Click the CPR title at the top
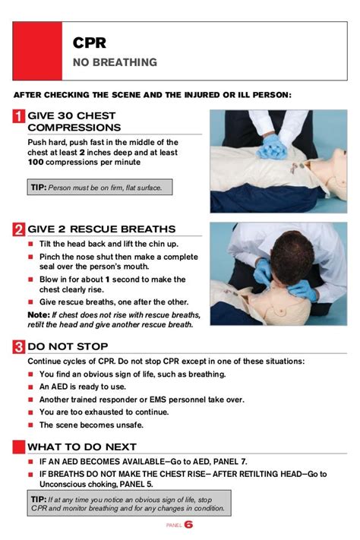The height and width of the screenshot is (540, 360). [x=89, y=43]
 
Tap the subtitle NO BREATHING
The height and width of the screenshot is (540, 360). [x=115, y=62]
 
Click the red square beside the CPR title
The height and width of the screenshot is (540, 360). [x=37, y=51]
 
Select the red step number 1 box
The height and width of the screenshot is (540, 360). [x=19, y=116]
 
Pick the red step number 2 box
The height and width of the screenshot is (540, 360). [x=19, y=229]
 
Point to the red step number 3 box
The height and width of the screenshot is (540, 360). [x=19, y=346]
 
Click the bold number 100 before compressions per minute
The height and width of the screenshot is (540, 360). [x=36, y=163]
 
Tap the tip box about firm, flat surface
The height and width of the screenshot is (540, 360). [x=100, y=187]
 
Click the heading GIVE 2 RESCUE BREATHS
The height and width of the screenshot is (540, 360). [x=102, y=229]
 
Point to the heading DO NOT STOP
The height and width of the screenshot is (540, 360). [x=68, y=346]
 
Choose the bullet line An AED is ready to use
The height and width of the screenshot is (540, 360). [x=83, y=387]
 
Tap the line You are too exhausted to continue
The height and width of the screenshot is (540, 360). [x=104, y=412]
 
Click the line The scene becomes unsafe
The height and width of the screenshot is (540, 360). [x=91, y=425]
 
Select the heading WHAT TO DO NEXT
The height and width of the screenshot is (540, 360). [x=82, y=447]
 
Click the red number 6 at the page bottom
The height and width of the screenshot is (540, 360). [x=188, y=525]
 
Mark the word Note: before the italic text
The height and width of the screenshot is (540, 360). [x=39, y=314]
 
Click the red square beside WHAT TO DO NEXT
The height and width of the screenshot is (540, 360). [x=19, y=447]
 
